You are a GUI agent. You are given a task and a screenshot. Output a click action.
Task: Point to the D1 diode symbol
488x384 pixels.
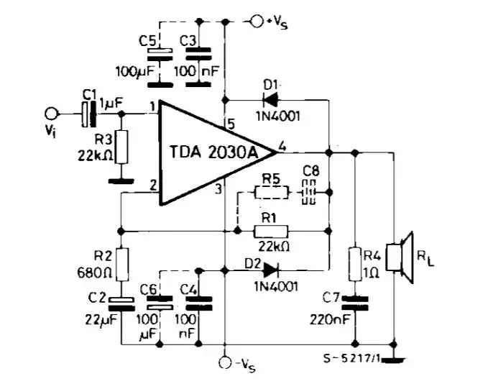pyautogui.click(x=271, y=98)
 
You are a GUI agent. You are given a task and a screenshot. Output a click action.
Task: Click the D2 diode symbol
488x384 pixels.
pyautogui.click(x=271, y=270)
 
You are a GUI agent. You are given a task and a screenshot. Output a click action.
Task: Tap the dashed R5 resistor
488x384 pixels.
pyautogui.click(x=271, y=192)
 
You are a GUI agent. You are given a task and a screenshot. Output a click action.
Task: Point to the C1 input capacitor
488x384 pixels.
pyautogui.click(x=86, y=113)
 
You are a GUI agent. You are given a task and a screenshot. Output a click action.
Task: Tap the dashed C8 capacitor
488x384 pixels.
pyautogui.click(x=309, y=192)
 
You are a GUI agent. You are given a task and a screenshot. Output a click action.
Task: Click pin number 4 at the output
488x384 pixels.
pyautogui.click(x=282, y=145)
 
